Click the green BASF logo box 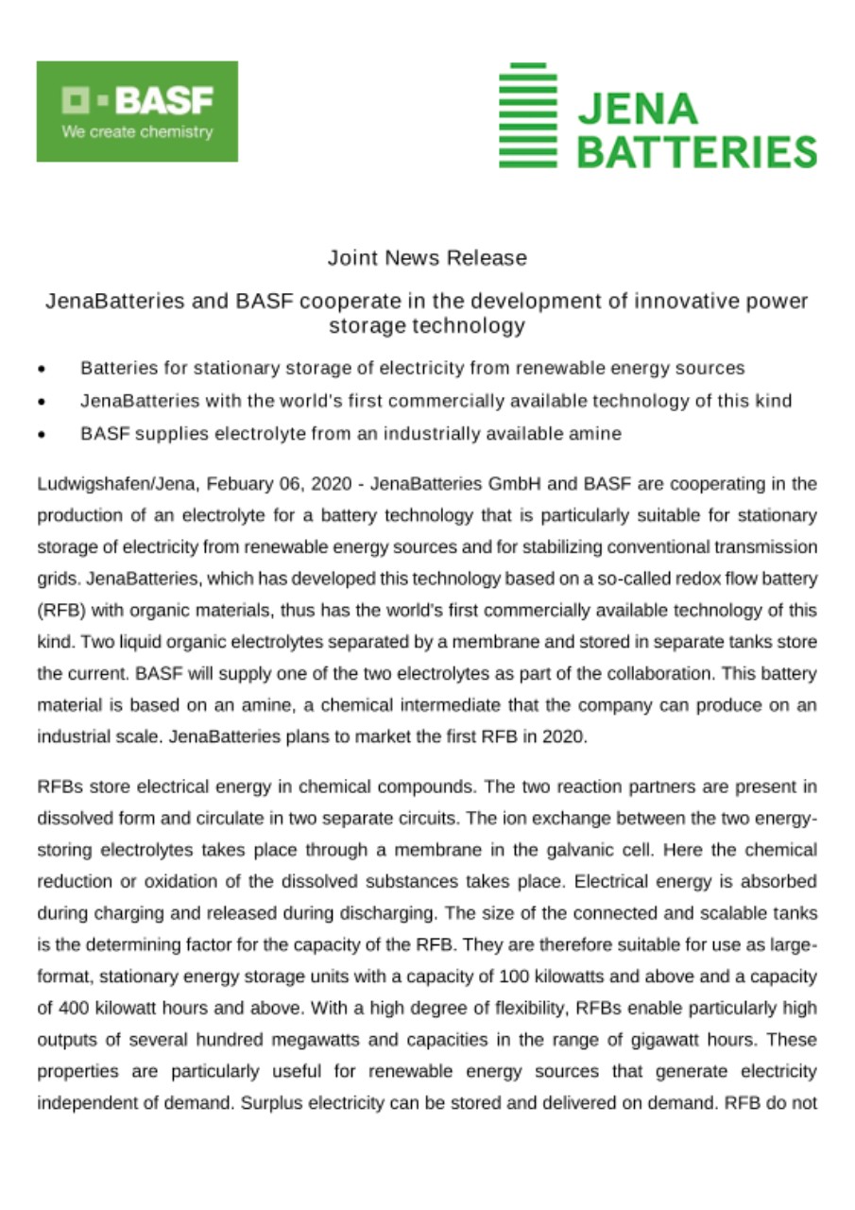(137, 111)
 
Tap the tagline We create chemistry (137, 132)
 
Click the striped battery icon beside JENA (529, 115)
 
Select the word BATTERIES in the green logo (696, 151)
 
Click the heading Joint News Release (427, 257)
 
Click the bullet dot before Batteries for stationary (42, 370)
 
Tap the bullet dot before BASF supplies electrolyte (42, 436)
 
